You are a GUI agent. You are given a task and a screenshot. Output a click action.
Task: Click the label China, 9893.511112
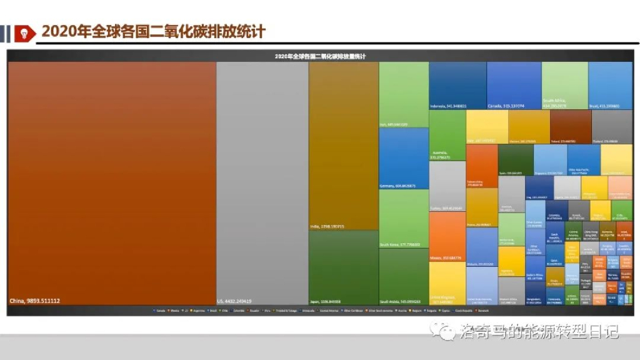(x=35, y=301)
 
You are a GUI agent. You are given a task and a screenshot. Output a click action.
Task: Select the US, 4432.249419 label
(x=234, y=301)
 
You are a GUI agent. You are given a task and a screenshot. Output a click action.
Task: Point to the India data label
(x=327, y=226)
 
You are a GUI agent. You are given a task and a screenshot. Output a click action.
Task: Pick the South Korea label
(x=400, y=244)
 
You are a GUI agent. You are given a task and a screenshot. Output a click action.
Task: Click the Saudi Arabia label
(x=400, y=301)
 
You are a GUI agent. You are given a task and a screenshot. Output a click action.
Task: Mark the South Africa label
(x=555, y=103)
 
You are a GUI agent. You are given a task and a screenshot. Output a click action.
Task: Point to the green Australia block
(x=447, y=134)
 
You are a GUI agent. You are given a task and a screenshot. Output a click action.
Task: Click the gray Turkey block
(x=447, y=185)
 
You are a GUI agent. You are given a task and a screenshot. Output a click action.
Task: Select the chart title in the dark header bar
(x=320, y=56)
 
